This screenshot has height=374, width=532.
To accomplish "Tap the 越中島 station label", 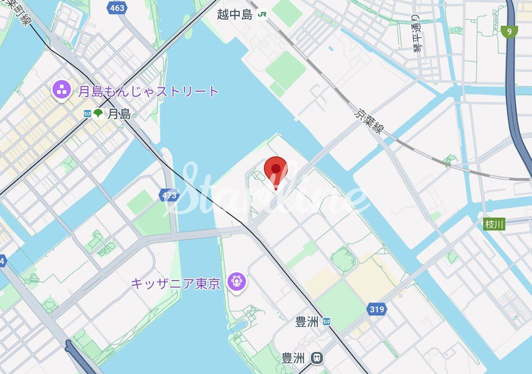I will [x=235, y=14].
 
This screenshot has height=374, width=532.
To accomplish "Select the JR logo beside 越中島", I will [x=262, y=14].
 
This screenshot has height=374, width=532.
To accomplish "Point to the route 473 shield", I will [x=170, y=196].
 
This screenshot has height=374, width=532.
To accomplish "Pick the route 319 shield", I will [x=377, y=309].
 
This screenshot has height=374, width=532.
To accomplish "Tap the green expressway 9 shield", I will [x=509, y=31].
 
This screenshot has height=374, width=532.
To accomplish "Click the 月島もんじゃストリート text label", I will [x=148, y=91].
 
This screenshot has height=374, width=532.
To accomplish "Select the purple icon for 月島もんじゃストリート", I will [x=61, y=89].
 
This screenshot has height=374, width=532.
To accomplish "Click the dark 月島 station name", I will [x=119, y=114].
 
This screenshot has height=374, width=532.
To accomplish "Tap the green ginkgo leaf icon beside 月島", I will [x=98, y=114].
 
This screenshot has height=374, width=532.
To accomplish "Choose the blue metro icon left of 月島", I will [x=87, y=114].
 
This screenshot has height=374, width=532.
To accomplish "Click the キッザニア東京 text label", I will [x=175, y=283].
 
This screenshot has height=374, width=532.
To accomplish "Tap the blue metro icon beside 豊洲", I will [x=327, y=322].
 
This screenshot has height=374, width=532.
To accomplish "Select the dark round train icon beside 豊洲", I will [x=316, y=357].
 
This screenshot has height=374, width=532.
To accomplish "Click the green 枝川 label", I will [x=495, y=224].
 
